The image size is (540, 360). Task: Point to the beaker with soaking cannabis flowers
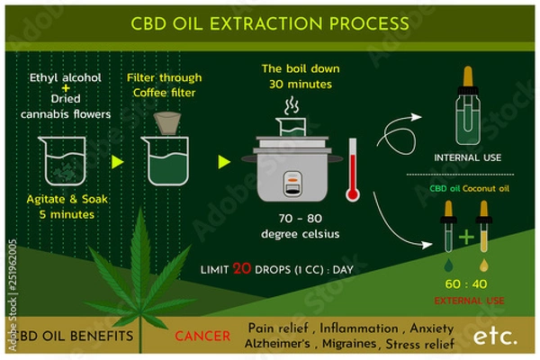coord(60,161)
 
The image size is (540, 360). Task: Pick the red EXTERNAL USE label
coord(467,300)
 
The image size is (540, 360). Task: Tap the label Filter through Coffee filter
coord(164,85)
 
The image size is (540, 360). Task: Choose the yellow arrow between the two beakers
coord(116,162)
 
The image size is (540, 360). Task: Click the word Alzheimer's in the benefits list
coord(284,345)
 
